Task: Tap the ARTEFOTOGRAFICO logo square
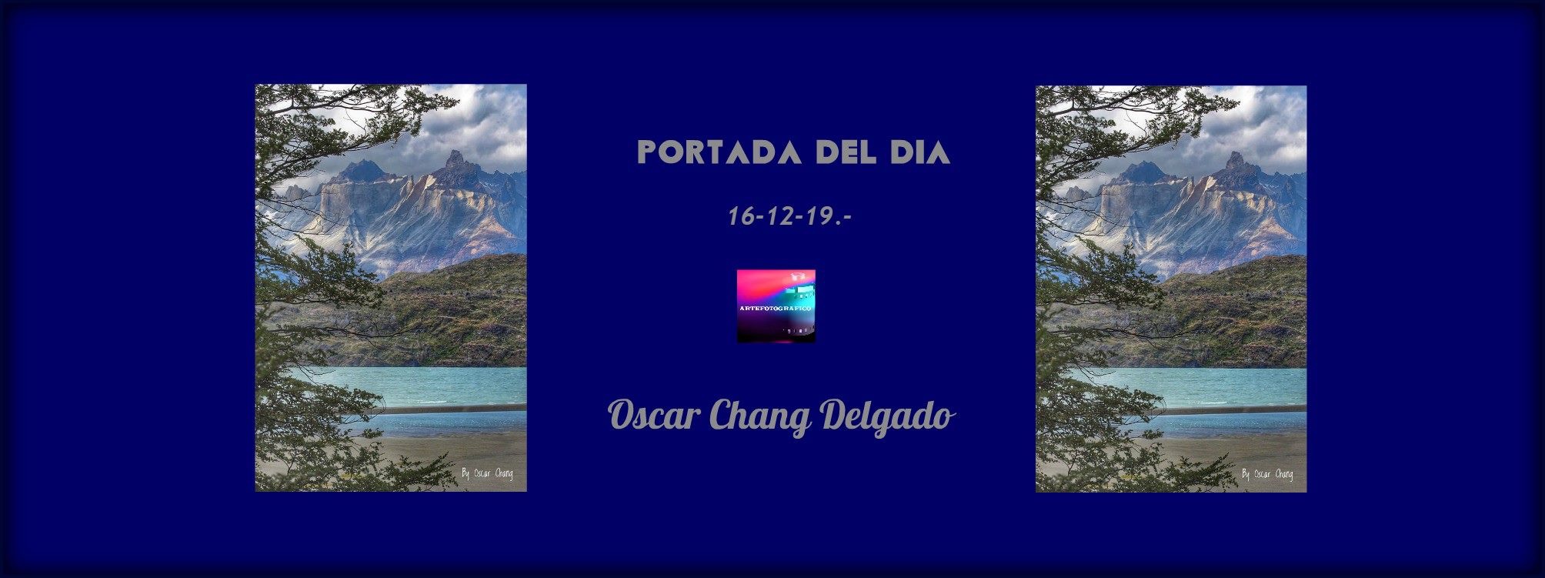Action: click(x=776, y=306)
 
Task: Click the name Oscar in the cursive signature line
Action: click(x=654, y=417)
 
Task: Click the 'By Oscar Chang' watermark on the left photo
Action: click(x=487, y=473)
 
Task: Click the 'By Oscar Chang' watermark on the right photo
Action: click(x=1267, y=474)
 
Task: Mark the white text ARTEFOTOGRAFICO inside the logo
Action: click(x=776, y=308)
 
